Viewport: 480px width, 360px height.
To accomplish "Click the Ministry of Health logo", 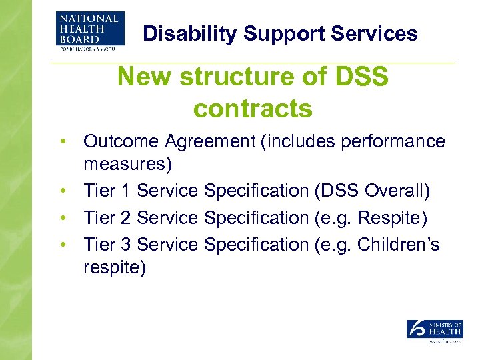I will click(x=435, y=331).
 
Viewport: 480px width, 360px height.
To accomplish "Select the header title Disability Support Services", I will click(x=281, y=34).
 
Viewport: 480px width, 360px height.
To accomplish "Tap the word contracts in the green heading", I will click(x=253, y=108).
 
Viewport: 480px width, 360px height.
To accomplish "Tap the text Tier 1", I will click(x=107, y=191).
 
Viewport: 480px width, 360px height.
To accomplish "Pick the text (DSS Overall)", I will click(x=371, y=191).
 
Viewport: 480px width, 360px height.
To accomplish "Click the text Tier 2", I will click(x=107, y=218).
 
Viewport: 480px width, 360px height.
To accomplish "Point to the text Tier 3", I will click(x=107, y=245).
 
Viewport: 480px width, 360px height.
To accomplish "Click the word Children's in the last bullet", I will click(x=399, y=245).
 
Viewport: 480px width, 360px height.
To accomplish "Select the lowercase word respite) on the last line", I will click(x=115, y=267).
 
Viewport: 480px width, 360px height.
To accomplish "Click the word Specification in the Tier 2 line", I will click(x=256, y=218).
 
